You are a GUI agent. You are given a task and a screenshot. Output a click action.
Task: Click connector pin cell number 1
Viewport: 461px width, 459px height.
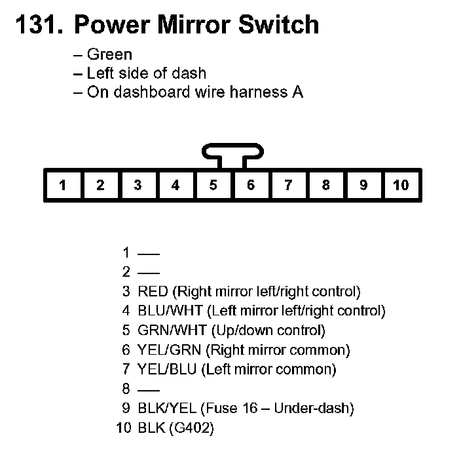pos(62,186)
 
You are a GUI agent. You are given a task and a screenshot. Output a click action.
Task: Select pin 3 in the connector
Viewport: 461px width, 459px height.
pos(138,186)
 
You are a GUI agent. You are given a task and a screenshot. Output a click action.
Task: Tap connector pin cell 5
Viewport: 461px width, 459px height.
pos(213,186)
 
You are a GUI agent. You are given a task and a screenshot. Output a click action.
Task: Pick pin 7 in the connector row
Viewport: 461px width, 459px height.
pos(288,186)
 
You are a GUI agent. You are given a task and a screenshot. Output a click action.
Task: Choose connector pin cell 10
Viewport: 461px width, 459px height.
pos(401,186)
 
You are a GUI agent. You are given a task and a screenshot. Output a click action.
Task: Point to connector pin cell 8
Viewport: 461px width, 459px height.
pos(325,186)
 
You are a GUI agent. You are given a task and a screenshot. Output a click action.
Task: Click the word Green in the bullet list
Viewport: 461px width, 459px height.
pos(109,55)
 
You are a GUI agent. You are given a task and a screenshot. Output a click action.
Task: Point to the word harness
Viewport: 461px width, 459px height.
pos(255,92)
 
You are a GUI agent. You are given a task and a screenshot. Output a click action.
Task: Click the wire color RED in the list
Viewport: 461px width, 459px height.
pos(153,291)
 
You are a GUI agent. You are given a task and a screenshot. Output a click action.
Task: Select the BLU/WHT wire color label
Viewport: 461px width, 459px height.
pos(170,311)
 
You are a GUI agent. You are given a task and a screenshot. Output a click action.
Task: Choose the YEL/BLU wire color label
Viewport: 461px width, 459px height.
pos(168,370)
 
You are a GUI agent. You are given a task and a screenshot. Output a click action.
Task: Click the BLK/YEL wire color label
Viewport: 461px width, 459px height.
pos(168,409)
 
